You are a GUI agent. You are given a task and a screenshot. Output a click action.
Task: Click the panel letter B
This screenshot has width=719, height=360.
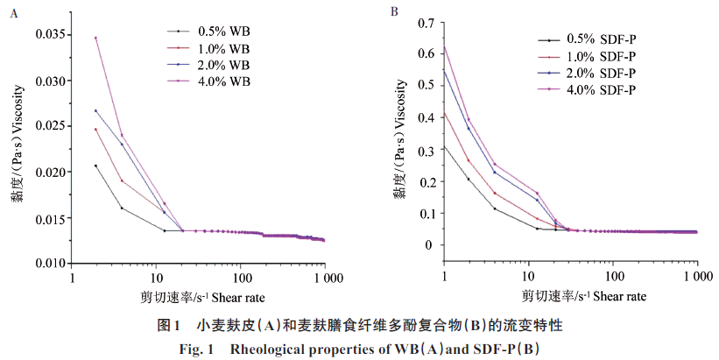click(x=395, y=12)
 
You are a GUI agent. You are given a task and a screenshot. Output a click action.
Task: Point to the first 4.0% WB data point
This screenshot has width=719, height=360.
click(x=95, y=38)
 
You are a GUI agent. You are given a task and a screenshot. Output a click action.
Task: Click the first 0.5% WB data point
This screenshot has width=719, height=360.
click(x=95, y=166)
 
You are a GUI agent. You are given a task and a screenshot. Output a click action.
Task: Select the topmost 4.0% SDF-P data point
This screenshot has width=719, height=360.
click(x=445, y=48)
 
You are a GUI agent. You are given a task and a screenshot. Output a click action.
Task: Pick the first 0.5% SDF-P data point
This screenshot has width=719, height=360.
click(x=445, y=147)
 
